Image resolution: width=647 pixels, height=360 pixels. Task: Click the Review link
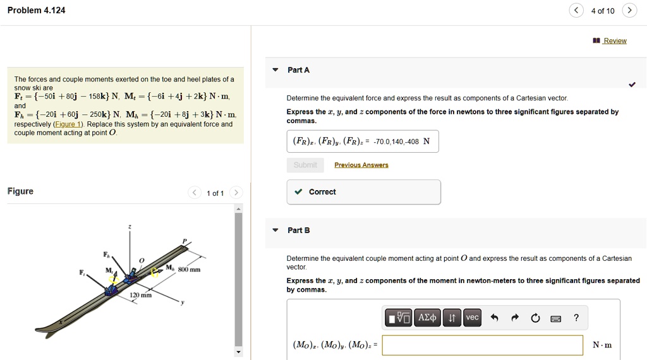click(x=614, y=41)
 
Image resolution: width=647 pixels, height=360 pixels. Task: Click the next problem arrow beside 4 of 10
click(x=629, y=11)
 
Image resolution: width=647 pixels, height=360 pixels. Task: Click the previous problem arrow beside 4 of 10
click(x=576, y=11)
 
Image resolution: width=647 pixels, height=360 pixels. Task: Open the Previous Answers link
click(x=361, y=165)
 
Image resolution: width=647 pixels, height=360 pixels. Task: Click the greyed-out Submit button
click(x=305, y=165)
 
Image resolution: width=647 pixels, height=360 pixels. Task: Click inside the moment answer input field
click(x=482, y=345)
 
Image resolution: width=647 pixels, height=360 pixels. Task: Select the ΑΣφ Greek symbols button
click(x=427, y=318)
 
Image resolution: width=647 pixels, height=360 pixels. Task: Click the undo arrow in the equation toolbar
click(x=494, y=318)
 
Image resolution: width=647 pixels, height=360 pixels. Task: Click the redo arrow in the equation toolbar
click(x=514, y=318)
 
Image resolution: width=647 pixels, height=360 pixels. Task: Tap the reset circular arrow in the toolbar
click(x=535, y=318)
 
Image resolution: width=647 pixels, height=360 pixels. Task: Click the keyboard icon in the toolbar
click(x=556, y=318)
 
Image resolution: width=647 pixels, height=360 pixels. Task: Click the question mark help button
click(x=576, y=318)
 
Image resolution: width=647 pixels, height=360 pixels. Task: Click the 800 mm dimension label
click(x=189, y=270)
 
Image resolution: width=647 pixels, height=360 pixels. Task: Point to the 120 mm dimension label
click(x=141, y=296)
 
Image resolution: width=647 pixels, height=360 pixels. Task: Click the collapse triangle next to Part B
click(x=275, y=231)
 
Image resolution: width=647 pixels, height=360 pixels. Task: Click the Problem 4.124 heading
click(x=36, y=11)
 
